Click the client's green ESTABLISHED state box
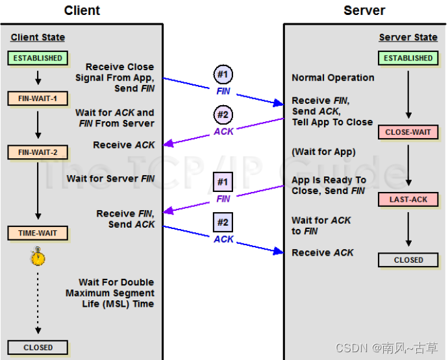[x=38, y=58]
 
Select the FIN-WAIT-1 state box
[x=38, y=99]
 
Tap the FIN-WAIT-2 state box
[x=38, y=152]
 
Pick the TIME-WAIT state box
[x=38, y=233]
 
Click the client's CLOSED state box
[x=38, y=348]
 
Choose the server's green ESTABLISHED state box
[x=408, y=58]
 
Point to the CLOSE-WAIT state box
[x=408, y=132]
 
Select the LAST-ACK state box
[x=408, y=199]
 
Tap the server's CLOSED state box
[x=408, y=260]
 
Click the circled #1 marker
[x=223, y=74]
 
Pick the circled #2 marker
[x=223, y=115]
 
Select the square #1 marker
[x=223, y=182]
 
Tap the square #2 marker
[x=223, y=222]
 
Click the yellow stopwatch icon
[x=38, y=256]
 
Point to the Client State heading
[x=38, y=37]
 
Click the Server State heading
[x=408, y=37]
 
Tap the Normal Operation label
[x=333, y=78]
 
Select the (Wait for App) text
[x=323, y=152]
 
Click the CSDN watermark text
[x=386, y=348]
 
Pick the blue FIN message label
[x=223, y=91]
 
